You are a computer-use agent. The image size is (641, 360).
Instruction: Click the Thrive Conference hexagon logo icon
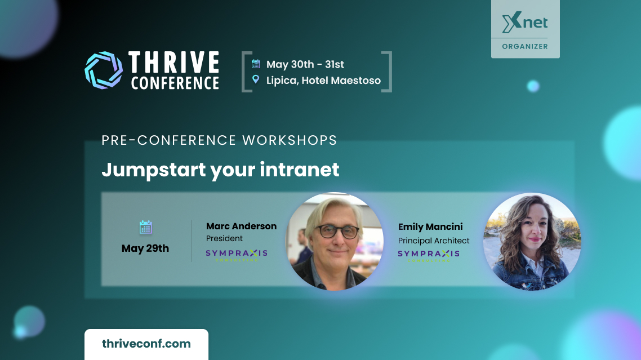(104, 70)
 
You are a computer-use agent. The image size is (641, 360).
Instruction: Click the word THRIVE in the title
(174, 62)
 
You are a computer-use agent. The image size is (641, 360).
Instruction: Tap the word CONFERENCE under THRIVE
(175, 83)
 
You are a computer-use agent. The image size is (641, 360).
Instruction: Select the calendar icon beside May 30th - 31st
(256, 64)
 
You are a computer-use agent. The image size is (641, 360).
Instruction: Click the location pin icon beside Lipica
(256, 79)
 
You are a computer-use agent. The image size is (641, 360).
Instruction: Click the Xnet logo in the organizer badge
(525, 23)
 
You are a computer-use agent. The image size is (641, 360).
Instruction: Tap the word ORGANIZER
(525, 47)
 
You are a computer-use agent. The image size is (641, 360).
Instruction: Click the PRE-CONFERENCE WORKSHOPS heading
(219, 140)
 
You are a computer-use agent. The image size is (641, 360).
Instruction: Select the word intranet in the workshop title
(299, 170)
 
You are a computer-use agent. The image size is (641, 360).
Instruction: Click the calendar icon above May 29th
(145, 227)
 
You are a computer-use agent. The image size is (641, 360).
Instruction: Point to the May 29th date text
(145, 248)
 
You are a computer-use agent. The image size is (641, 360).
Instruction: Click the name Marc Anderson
(241, 226)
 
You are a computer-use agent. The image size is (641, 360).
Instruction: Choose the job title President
(224, 238)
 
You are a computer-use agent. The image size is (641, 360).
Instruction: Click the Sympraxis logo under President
(237, 255)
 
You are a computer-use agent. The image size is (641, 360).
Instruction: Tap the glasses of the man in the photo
(337, 232)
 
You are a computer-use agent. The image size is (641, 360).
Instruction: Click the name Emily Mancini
(430, 227)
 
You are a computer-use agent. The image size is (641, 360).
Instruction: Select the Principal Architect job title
(434, 241)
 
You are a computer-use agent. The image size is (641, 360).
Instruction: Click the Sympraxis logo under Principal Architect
(429, 255)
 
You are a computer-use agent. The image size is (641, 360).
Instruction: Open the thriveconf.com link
(146, 344)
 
